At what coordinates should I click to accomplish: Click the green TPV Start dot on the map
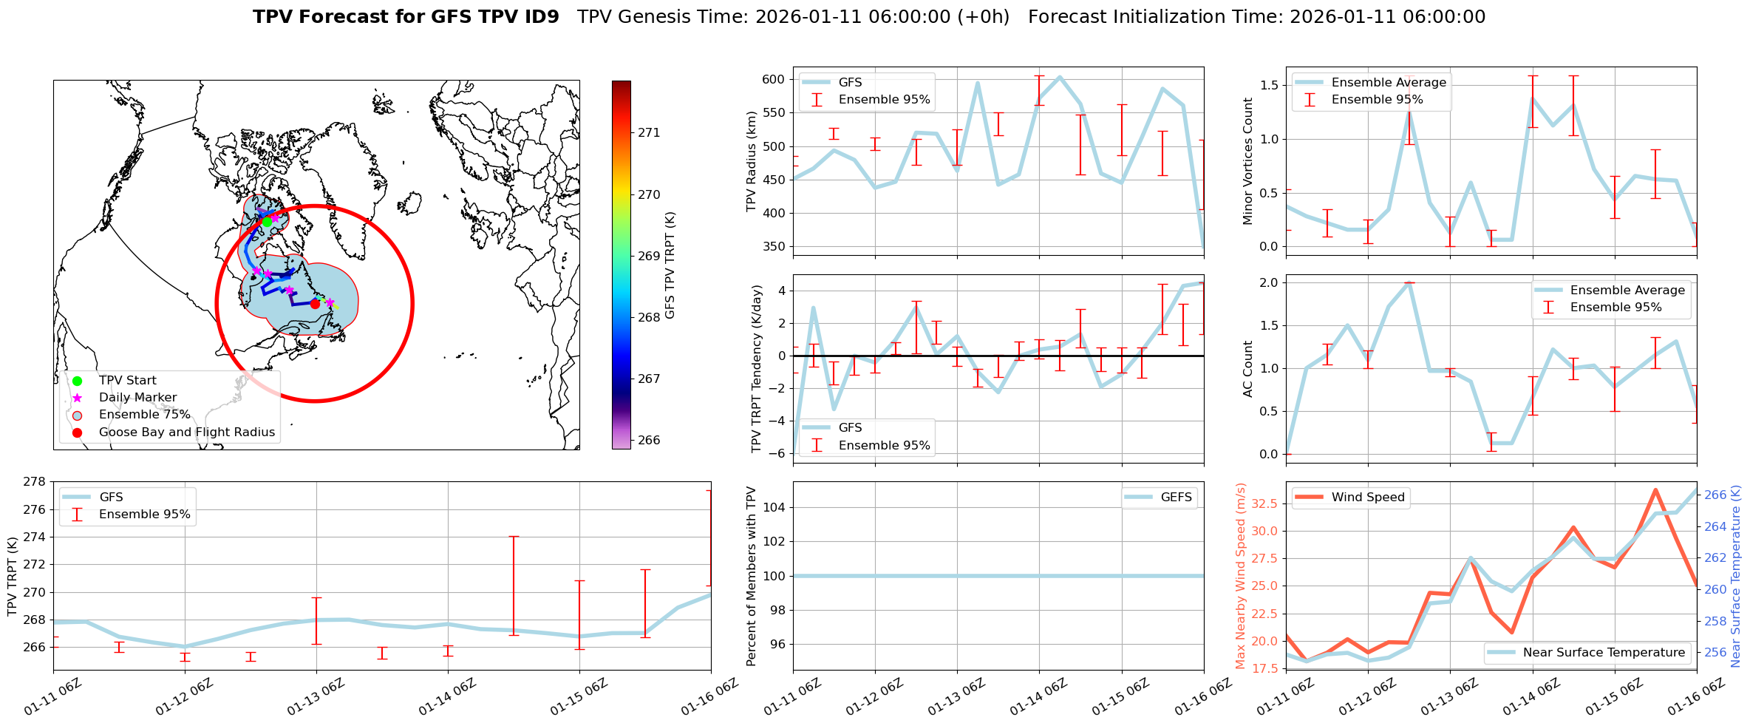(267, 222)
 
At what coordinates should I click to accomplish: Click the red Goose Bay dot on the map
(315, 304)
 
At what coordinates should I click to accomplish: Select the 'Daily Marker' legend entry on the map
(137, 398)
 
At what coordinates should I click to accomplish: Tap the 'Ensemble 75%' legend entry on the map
(144, 415)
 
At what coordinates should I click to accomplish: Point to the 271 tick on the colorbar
(649, 133)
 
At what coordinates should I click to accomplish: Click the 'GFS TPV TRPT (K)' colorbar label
(670, 265)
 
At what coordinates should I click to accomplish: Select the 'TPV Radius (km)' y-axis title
(752, 161)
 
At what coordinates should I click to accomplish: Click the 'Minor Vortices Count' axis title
(1248, 161)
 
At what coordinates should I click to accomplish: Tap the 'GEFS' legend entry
(1176, 498)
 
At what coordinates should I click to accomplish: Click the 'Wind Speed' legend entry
(1367, 498)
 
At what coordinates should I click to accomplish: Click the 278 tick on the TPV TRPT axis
(34, 482)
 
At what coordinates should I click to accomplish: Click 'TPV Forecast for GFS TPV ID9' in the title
(406, 17)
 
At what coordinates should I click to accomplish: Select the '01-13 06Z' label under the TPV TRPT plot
(316, 698)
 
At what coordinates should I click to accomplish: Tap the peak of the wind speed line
(1655, 489)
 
